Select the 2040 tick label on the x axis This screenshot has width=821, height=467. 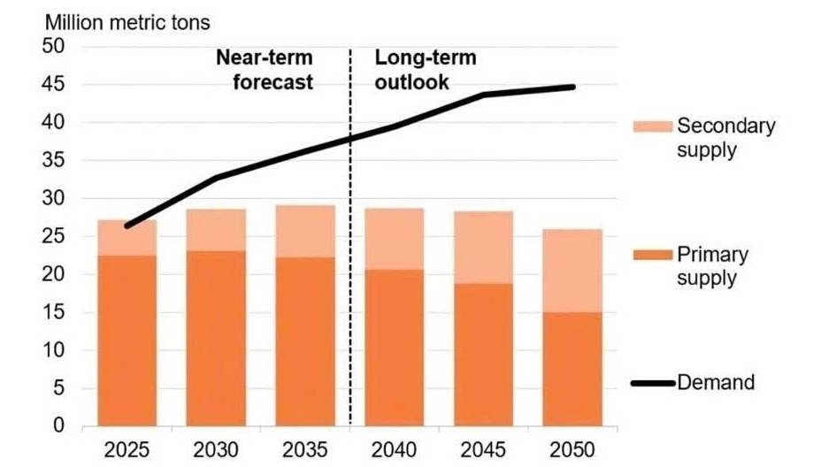pyautogui.click(x=394, y=449)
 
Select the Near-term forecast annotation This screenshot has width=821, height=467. pyautogui.click(x=265, y=71)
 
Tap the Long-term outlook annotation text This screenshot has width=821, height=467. pyautogui.click(x=426, y=71)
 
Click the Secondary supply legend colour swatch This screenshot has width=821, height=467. pyautogui.click(x=653, y=126)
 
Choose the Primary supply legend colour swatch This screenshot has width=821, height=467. pyautogui.click(x=653, y=256)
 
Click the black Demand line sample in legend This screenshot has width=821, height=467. pyautogui.click(x=653, y=384)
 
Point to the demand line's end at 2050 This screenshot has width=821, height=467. pyautogui.click(x=573, y=87)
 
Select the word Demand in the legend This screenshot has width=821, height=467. pyautogui.click(x=716, y=383)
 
